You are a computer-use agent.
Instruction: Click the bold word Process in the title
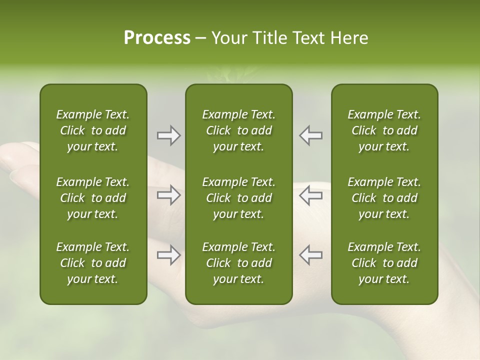pyautogui.click(x=157, y=38)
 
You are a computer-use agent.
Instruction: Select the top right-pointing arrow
pyautogui.click(x=169, y=135)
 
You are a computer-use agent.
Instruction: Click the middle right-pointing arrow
pyautogui.click(x=169, y=194)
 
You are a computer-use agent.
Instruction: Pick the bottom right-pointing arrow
pyautogui.click(x=169, y=255)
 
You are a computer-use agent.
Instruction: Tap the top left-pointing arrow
pyautogui.click(x=310, y=135)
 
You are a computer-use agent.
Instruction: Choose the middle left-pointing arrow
pyautogui.click(x=310, y=194)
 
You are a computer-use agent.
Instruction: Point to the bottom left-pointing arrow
pyautogui.click(x=310, y=255)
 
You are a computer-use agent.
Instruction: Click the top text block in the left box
pyautogui.click(x=93, y=130)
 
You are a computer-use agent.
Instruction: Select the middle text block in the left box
pyautogui.click(x=93, y=198)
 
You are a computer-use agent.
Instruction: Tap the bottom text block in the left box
pyautogui.click(x=93, y=263)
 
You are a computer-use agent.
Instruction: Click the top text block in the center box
pyautogui.click(x=239, y=130)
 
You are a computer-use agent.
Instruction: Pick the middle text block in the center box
pyautogui.click(x=239, y=198)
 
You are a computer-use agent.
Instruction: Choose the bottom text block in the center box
pyautogui.click(x=239, y=263)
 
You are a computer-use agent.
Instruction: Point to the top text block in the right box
pyautogui.click(x=384, y=130)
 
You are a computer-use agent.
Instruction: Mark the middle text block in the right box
pyautogui.click(x=384, y=198)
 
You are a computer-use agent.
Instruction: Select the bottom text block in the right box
pyautogui.click(x=384, y=263)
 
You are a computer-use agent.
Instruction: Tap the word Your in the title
pyautogui.click(x=228, y=38)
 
